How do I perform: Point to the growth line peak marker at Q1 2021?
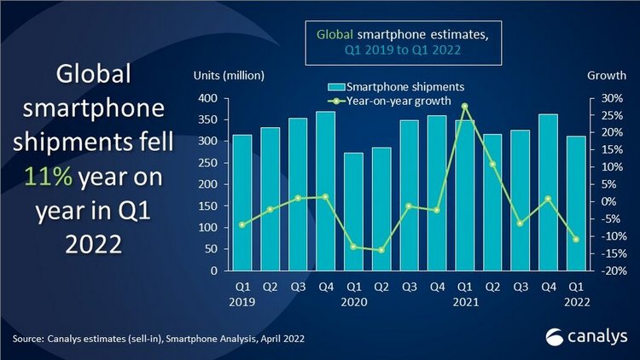click(465, 107)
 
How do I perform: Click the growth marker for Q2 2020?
click(381, 250)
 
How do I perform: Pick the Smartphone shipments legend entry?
click(394, 86)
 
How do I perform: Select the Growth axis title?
click(607, 75)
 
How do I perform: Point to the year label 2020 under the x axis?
click(353, 301)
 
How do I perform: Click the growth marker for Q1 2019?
click(242, 225)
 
